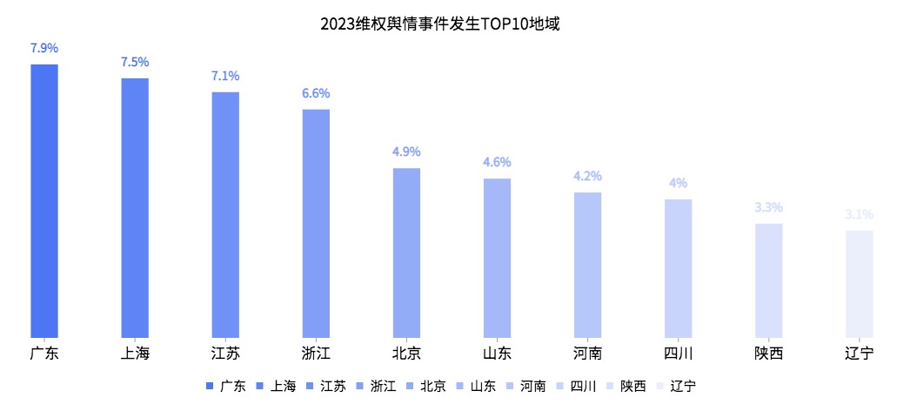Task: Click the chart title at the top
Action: pos(438,24)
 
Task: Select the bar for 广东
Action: pos(44,200)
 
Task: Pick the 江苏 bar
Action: pos(225,214)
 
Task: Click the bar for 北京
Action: pos(406,253)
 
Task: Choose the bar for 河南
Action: pos(587,265)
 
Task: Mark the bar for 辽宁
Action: pos(859,284)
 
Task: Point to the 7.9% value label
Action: pos(44,48)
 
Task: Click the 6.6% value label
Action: pos(316,93)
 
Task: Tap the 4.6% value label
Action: pos(497,162)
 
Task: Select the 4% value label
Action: pos(678,183)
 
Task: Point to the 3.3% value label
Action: pos(768,207)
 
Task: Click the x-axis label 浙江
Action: pos(316,354)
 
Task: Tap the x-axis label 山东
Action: pos(497,354)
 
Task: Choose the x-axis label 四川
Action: pos(678,354)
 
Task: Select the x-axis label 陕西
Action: pos(768,354)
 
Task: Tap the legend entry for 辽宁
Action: pos(683,386)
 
